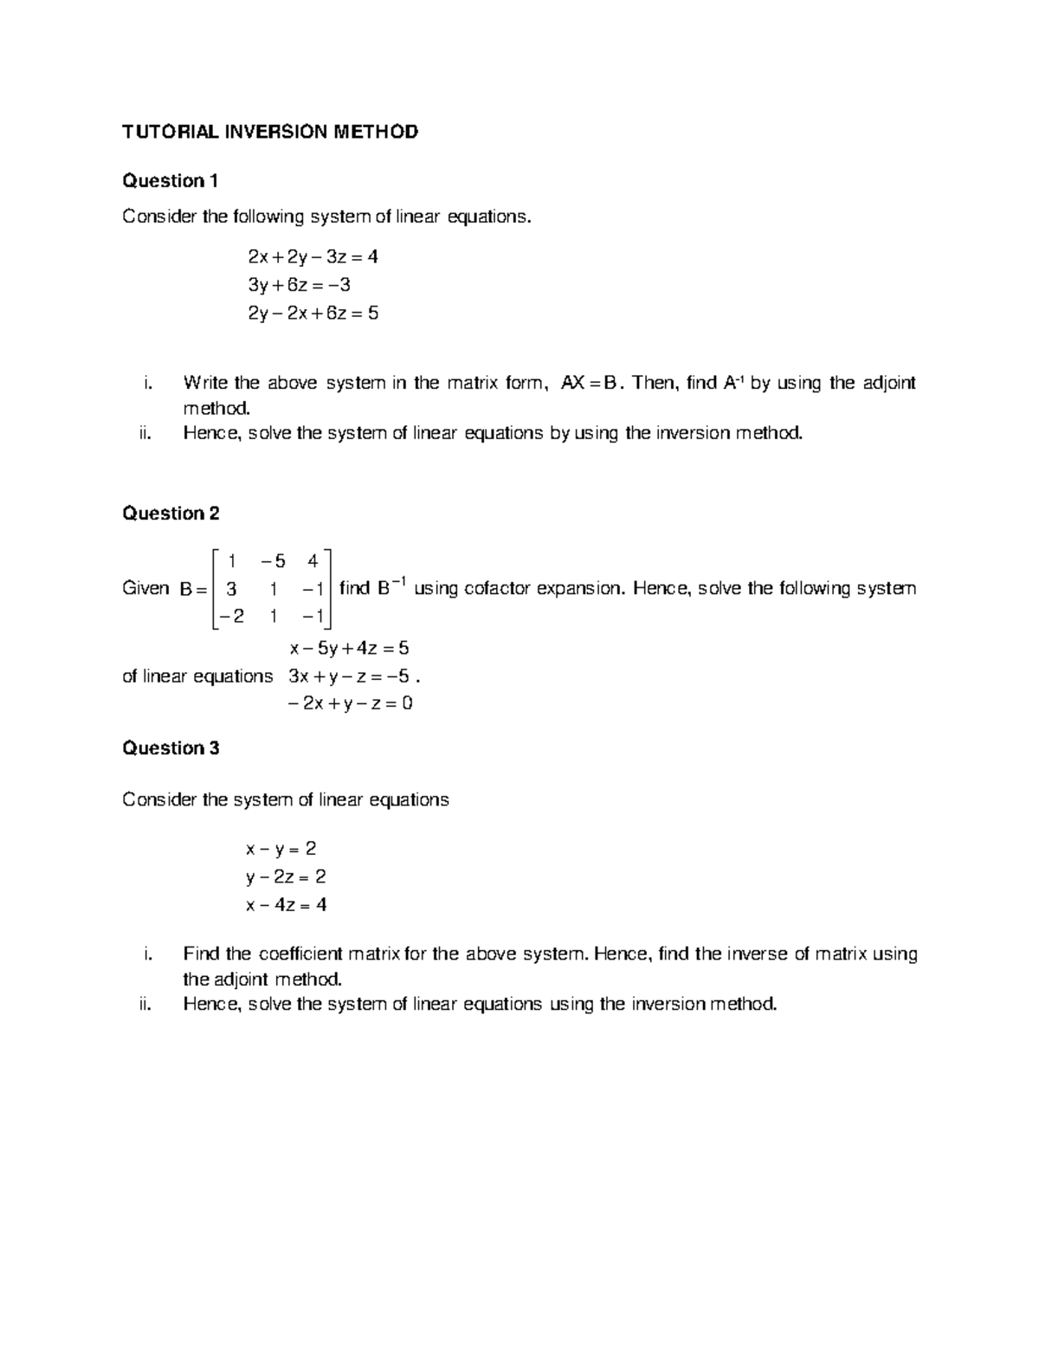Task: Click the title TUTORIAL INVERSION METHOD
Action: coord(270,132)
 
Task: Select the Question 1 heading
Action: coord(170,181)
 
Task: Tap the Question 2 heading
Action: coord(171,514)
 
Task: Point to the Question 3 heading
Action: coord(171,748)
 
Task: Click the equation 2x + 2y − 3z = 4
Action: coord(313,257)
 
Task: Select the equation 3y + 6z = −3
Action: coord(299,285)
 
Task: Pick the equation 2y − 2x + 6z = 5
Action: coord(313,314)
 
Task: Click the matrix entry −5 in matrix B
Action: coord(273,560)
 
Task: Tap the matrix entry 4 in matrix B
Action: coord(313,560)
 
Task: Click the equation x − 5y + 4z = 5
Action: coord(349,648)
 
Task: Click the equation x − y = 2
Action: coord(281,849)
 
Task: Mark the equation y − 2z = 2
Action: coord(286,877)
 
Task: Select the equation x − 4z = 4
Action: coord(286,905)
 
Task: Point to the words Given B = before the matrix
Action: coord(165,589)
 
